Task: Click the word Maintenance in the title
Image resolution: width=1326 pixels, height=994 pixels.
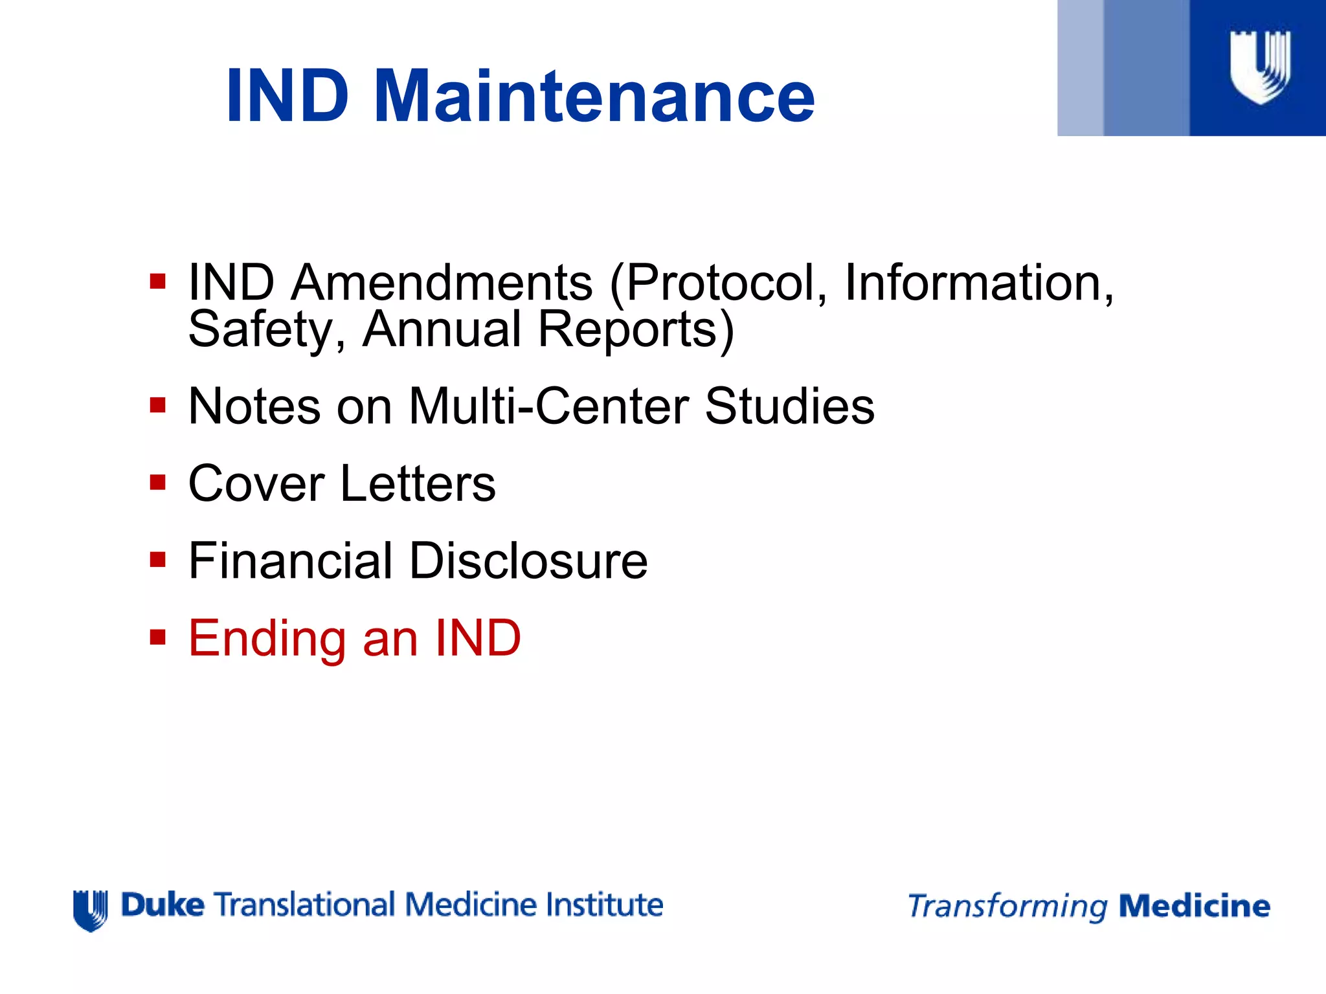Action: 594,97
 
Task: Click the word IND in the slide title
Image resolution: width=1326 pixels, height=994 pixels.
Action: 288,97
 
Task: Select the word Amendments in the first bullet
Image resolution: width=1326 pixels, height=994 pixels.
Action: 442,283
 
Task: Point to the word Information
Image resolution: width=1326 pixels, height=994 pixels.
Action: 978,283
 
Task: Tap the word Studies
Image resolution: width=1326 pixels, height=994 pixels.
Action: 789,406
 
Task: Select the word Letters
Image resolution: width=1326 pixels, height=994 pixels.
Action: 418,483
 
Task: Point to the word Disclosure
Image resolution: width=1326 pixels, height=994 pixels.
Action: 528,560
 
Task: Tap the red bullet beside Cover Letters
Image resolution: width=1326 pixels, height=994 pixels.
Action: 157,483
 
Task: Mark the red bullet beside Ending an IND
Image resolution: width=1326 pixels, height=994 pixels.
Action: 157,637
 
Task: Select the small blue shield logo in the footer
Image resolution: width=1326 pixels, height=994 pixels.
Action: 91,910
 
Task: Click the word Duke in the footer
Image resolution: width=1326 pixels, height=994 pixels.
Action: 163,905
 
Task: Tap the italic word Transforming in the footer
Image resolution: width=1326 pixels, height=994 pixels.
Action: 1007,907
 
